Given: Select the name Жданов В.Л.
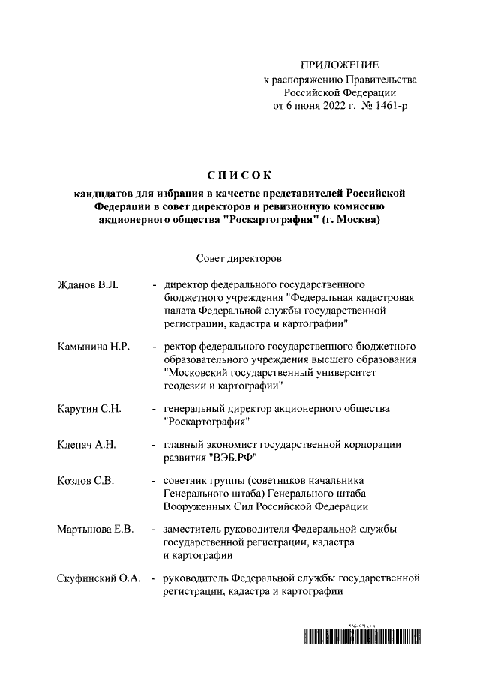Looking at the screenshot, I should coord(83,285).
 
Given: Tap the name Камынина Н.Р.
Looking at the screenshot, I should coord(94,347).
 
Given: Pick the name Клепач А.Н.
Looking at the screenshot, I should coord(86,445).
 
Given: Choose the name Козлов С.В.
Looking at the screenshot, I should coord(85,481).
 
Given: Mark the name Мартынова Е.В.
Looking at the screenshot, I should coord(95,530).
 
